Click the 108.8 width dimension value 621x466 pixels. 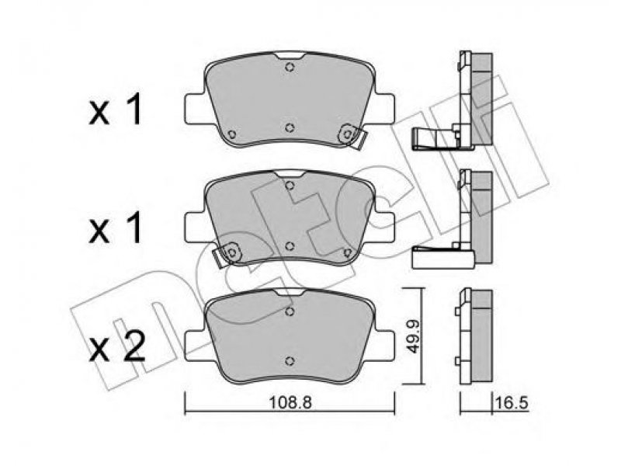(290, 402)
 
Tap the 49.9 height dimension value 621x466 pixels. (413, 336)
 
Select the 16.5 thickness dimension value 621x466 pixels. (512, 403)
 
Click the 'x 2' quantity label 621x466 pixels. (117, 348)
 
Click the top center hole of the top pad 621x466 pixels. (290, 68)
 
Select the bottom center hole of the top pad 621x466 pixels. (290, 127)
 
